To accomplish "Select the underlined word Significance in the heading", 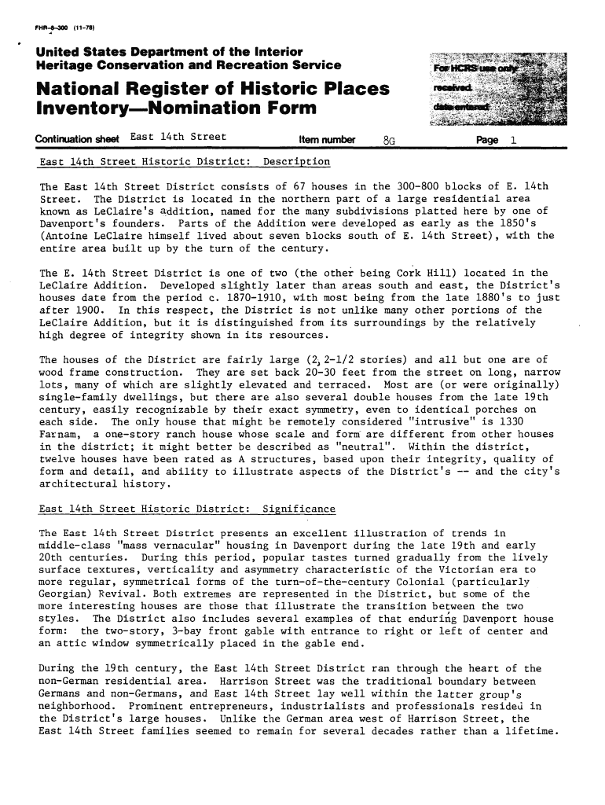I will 299,509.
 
